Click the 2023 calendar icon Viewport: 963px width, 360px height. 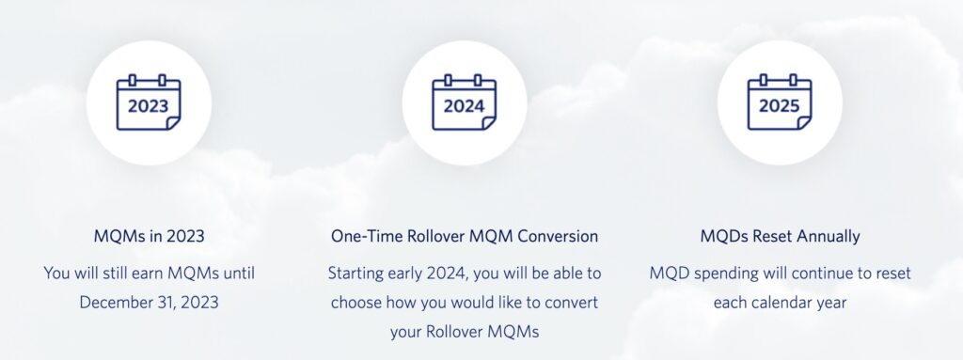click(149, 103)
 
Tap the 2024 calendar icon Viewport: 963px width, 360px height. click(465, 103)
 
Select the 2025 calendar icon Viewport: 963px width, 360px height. click(780, 103)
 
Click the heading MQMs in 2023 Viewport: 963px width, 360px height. click(149, 236)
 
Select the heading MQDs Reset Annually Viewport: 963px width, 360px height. click(780, 236)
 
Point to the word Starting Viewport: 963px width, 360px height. click(357, 274)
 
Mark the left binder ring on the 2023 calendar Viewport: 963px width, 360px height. click(134, 81)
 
